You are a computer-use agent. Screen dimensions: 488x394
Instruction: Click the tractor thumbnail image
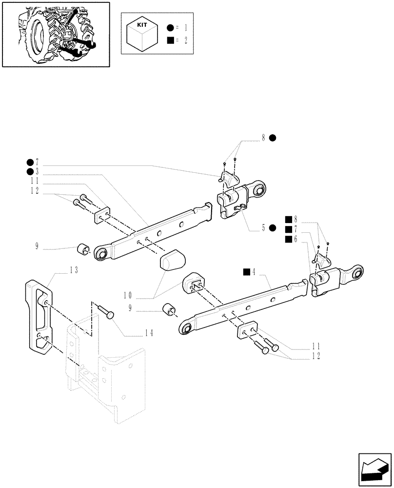pos(55,34)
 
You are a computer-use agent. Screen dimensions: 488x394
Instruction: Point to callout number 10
pos(128,295)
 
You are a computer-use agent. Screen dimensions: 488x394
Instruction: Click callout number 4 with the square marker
pos(254,271)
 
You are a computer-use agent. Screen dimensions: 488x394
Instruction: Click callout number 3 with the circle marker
pos(37,171)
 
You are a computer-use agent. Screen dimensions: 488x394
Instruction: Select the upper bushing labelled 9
pos(83,250)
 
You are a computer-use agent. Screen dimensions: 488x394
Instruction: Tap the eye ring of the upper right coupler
pos(259,189)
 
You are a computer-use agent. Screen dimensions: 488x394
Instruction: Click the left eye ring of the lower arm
pos(187,328)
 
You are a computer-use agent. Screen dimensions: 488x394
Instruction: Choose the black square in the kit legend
pos(170,41)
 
